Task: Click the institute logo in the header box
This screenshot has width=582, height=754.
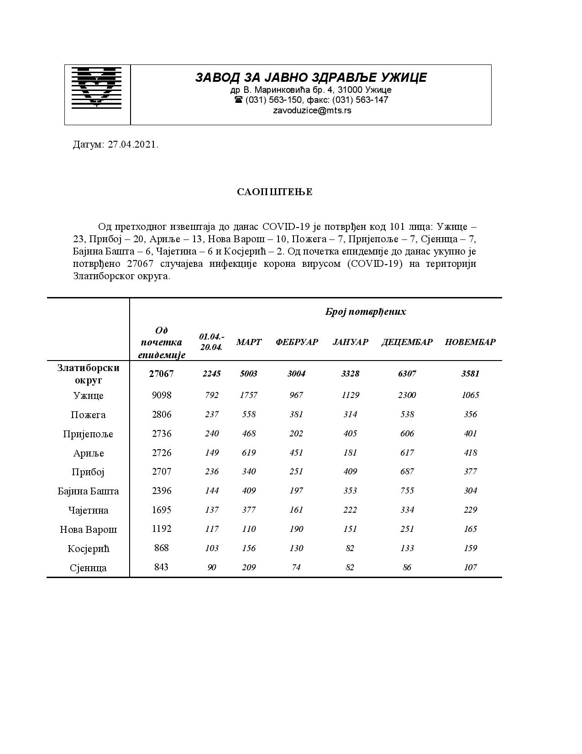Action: (x=97, y=88)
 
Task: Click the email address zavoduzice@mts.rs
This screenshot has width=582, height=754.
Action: (x=312, y=111)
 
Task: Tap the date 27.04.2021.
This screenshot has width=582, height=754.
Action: (x=133, y=145)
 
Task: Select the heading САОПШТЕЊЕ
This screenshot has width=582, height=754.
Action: (x=275, y=192)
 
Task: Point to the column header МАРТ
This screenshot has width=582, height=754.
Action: (x=249, y=342)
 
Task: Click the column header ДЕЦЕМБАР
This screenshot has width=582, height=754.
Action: (x=407, y=342)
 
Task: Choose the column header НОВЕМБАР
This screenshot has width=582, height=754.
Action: (x=470, y=342)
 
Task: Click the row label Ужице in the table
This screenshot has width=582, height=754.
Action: (x=88, y=396)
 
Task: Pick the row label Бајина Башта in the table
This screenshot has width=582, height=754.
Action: (x=88, y=491)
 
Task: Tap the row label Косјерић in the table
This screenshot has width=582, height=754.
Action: (x=88, y=549)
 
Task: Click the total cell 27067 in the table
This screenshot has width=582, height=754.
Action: (x=161, y=374)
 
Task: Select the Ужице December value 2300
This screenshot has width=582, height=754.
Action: (x=407, y=395)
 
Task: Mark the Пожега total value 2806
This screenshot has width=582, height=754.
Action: (x=162, y=414)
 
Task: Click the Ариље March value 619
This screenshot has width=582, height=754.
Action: (x=249, y=453)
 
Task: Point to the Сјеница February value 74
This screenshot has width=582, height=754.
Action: (x=296, y=568)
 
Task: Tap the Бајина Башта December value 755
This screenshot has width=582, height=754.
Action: (x=407, y=491)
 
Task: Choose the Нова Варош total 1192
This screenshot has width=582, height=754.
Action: (x=162, y=529)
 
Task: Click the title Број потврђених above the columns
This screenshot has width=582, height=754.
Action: (x=365, y=312)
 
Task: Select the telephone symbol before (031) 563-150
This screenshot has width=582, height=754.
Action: (x=238, y=100)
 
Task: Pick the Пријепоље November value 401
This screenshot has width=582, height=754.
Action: (x=470, y=434)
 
